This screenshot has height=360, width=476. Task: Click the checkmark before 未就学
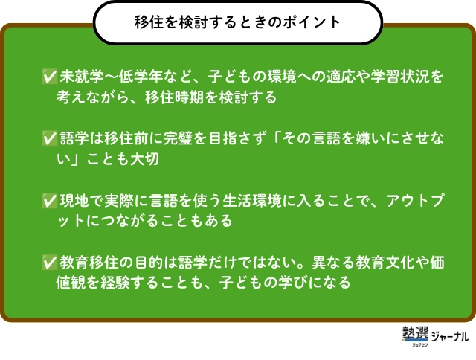coord(50,76)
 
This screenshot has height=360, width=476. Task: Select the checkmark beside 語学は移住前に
coord(50,138)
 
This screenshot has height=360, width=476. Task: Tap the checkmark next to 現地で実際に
coord(50,200)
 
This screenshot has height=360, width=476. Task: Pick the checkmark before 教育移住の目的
coord(50,263)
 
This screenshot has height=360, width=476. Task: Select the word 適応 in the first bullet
coord(341,77)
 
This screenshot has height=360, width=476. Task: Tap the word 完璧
coord(178,138)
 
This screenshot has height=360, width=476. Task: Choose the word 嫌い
coord(371,138)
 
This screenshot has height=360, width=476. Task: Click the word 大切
coord(144,159)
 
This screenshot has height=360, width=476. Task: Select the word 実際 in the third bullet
coord(119,201)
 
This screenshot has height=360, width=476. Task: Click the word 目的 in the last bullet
coord(149,263)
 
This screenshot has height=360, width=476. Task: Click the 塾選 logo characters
coord(415,333)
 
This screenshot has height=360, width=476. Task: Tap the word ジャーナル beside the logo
coord(449,337)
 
